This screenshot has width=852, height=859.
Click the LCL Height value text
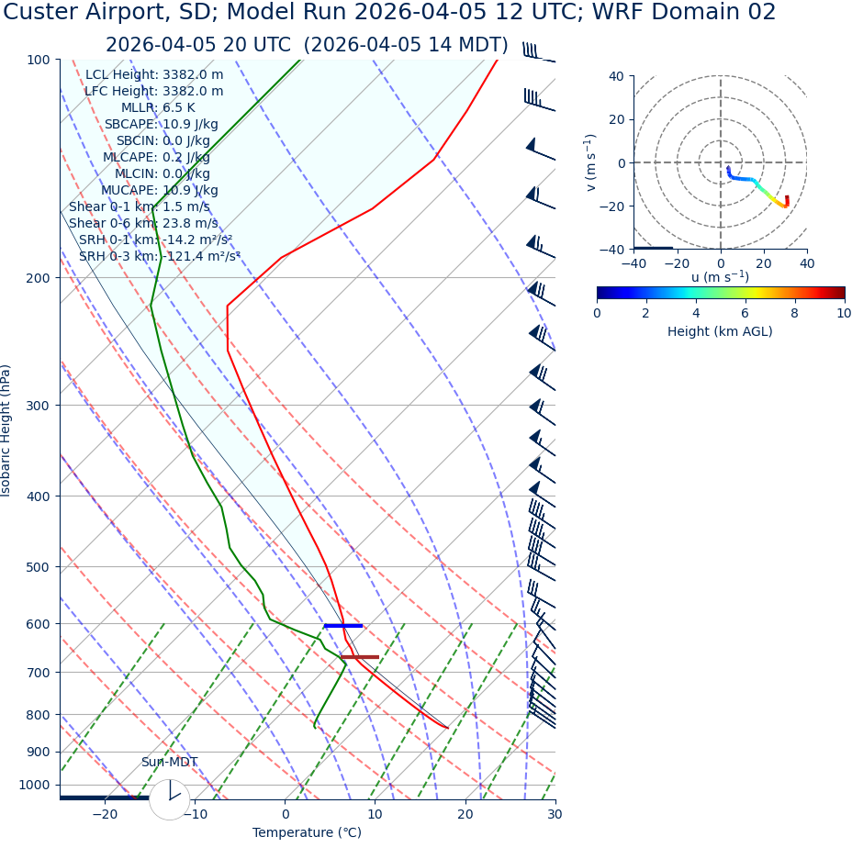[154, 74]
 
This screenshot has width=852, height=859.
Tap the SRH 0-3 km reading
[160, 256]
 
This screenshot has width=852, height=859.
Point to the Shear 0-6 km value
[143, 223]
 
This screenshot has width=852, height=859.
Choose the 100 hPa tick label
[38, 60]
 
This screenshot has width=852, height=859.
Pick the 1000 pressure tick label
[34, 785]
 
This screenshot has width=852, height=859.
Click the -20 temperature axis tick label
[105, 814]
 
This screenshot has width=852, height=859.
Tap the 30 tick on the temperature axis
[555, 814]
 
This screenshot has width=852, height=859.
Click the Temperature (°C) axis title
[307, 832]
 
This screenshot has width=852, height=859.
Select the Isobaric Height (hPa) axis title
[7, 430]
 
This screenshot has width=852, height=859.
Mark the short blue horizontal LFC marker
[343, 626]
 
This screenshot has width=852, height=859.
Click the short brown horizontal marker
[360, 657]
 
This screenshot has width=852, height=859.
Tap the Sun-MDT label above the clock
[169, 762]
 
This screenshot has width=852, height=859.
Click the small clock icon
[170, 799]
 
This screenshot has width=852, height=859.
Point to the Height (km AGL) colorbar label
[720, 331]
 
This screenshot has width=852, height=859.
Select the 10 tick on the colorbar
[843, 313]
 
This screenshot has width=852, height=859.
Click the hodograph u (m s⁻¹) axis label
[720, 277]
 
